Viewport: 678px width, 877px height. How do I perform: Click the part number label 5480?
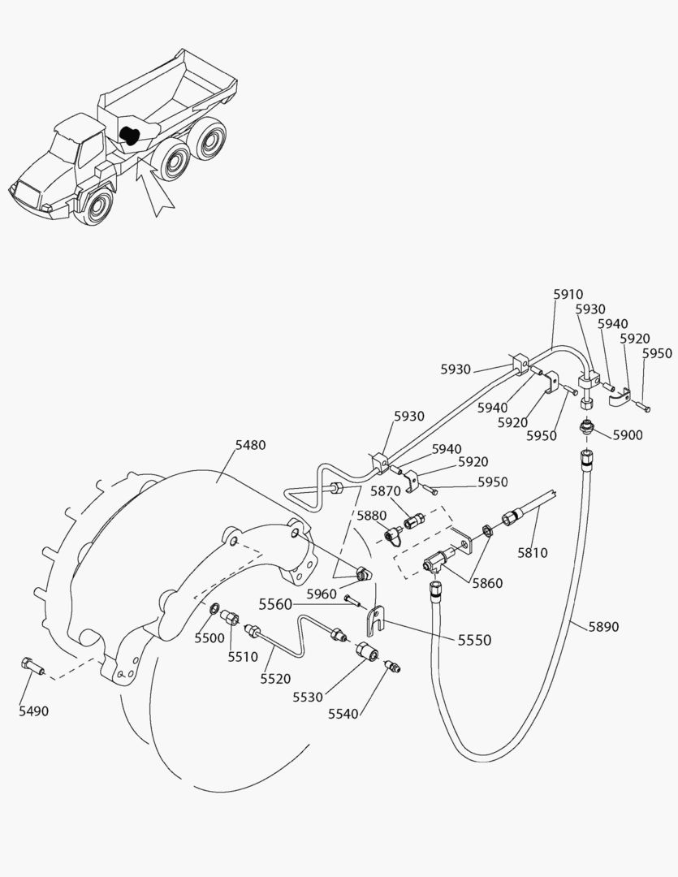pyautogui.click(x=250, y=445)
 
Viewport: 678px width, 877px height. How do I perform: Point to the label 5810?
pyautogui.click(x=533, y=553)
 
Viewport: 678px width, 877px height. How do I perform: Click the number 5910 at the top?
pyautogui.click(x=568, y=295)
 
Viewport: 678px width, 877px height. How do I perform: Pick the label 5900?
pyautogui.click(x=628, y=435)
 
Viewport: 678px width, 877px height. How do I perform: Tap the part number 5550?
pyautogui.click(x=473, y=640)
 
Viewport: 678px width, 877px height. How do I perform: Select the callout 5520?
pyautogui.click(x=275, y=679)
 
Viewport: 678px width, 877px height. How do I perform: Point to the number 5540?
pyautogui.click(x=343, y=714)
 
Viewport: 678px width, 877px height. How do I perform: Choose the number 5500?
pyautogui.click(x=209, y=638)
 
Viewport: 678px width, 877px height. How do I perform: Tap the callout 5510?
pyautogui.click(x=242, y=657)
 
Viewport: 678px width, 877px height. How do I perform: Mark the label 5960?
pyautogui.click(x=322, y=594)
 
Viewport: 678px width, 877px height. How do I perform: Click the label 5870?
pyautogui.click(x=386, y=491)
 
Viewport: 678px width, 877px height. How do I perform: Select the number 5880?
pyautogui.click(x=373, y=516)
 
